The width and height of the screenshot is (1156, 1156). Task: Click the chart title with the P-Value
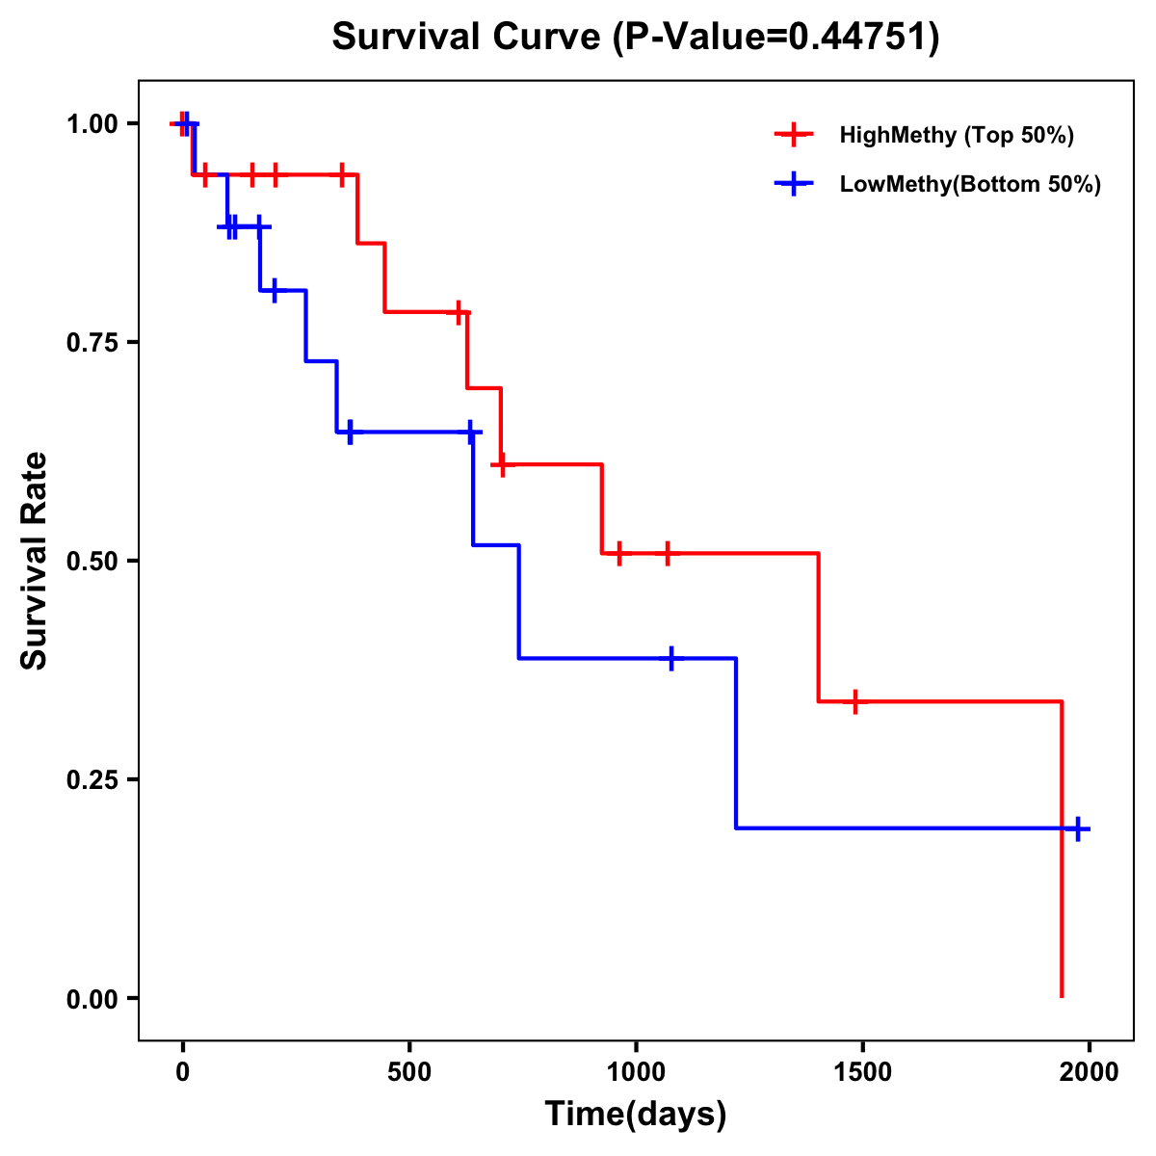point(636,37)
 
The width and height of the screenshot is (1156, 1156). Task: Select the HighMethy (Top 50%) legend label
point(957,135)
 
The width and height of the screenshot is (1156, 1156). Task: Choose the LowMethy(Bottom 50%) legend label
point(970,184)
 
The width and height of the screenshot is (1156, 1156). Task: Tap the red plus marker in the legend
point(794,135)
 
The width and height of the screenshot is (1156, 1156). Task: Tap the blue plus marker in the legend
point(794,184)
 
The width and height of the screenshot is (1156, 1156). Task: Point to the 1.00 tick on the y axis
point(92,123)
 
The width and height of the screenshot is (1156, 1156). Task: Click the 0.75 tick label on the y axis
point(92,342)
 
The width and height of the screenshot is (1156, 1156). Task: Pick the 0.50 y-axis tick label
point(92,561)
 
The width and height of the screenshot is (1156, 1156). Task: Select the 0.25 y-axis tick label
point(92,779)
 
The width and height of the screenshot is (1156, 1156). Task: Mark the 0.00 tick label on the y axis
point(92,999)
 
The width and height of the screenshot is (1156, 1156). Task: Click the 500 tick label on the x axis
point(409,1072)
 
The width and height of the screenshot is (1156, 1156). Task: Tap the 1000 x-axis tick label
point(636,1072)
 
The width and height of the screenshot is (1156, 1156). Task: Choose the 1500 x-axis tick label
point(862,1072)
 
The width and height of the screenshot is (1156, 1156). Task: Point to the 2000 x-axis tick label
point(1089,1072)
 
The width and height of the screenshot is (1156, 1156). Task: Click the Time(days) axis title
point(636,1115)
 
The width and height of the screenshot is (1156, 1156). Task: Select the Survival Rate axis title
point(35,561)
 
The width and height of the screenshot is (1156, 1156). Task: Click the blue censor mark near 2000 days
point(1078,828)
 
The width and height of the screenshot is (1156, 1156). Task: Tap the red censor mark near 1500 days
point(854,701)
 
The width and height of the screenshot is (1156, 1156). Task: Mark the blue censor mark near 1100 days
point(671,658)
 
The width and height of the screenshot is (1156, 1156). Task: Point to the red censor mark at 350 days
point(342,174)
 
